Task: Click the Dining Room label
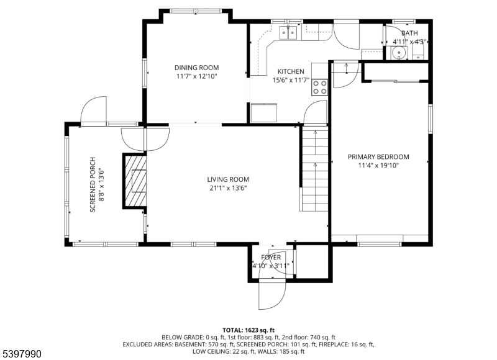point(196,68)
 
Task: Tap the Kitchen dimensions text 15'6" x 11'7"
point(291,80)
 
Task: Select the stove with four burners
point(320,87)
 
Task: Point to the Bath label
point(409,34)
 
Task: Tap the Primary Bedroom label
point(378,157)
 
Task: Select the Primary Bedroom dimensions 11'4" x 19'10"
point(378,166)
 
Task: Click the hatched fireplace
point(137,181)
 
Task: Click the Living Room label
point(228,179)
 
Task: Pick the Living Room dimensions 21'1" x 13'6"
point(228,188)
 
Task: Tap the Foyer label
point(271,257)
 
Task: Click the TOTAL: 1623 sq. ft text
point(248,330)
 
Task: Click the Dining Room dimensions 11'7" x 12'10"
point(196,76)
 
